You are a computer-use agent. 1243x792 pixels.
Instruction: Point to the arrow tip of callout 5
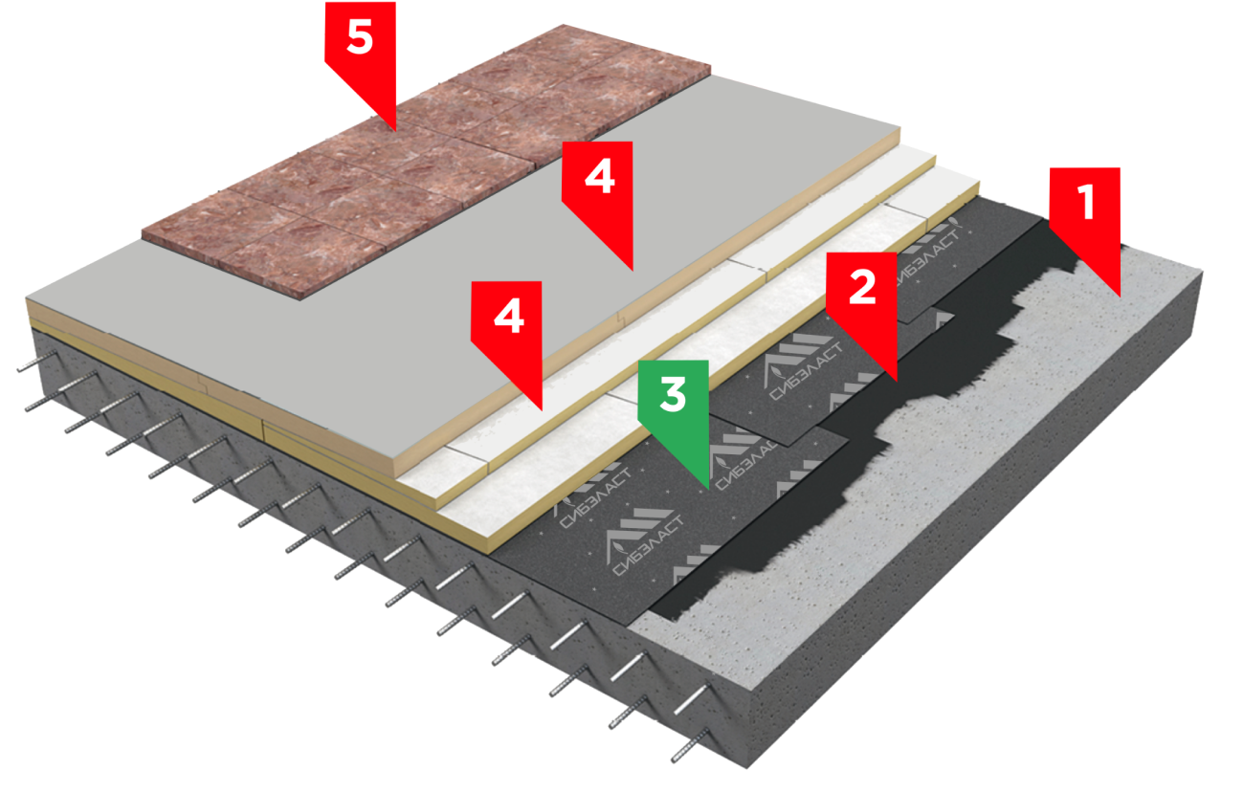(x=394, y=131)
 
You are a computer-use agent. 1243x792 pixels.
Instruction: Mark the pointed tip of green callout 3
(x=707, y=489)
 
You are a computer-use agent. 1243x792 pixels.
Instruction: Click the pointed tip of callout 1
(x=1120, y=297)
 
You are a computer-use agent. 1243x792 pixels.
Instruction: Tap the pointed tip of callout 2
(x=896, y=381)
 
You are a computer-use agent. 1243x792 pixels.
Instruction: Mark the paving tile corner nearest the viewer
(x=300, y=299)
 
